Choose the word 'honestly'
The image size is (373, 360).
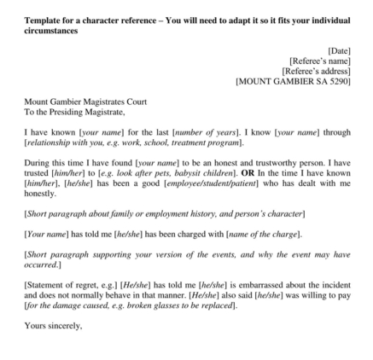click(x=38, y=192)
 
